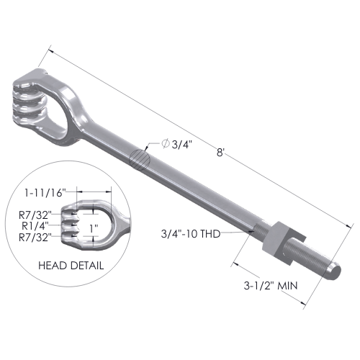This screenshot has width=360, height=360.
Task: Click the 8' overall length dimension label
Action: click(220, 152)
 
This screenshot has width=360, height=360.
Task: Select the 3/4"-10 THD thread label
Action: click(191, 233)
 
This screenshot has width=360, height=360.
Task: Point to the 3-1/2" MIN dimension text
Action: click(271, 286)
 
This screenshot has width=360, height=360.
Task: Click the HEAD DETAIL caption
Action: click(71, 266)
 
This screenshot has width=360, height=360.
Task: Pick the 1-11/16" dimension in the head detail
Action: click(45, 193)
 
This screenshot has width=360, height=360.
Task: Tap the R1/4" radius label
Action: click(35, 225)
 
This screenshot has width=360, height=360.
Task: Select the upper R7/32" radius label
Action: click(35, 215)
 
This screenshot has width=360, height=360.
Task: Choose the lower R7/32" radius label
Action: click(35, 238)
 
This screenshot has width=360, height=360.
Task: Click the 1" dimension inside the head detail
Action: click(94, 228)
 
